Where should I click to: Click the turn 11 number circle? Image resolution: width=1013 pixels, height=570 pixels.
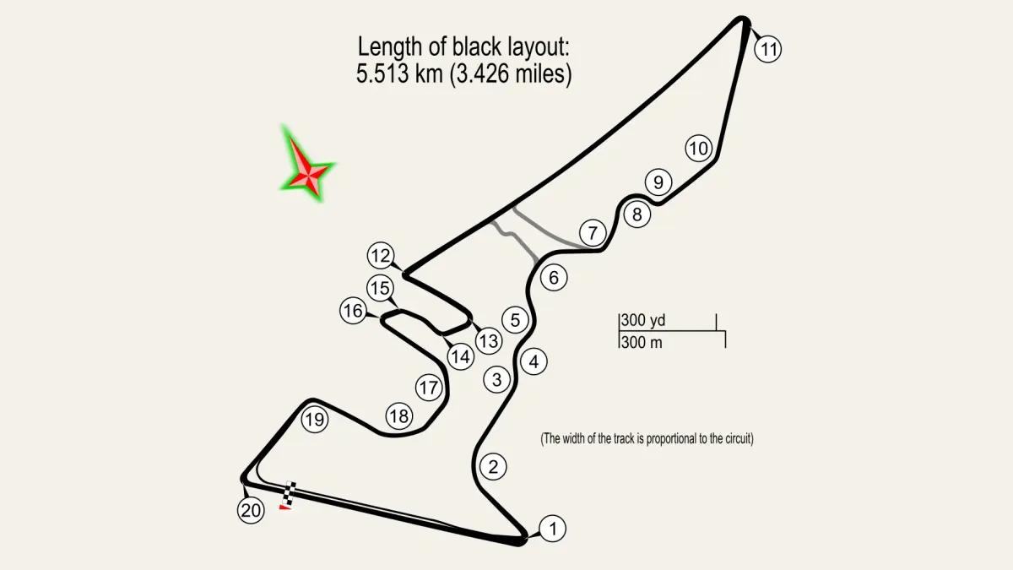(768, 49)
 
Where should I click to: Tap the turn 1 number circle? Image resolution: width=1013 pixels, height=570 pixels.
(552, 528)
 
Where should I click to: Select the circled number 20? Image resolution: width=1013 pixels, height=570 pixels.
(251, 510)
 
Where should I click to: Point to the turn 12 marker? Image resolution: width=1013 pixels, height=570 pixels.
(381, 256)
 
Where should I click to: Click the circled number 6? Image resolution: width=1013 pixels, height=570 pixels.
(554, 277)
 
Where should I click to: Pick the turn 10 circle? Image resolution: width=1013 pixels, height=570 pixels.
(699, 148)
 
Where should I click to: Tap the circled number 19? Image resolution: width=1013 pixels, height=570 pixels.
(315, 420)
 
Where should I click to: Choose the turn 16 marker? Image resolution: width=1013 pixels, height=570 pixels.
(353, 311)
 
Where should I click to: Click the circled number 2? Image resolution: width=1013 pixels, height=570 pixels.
(493, 466)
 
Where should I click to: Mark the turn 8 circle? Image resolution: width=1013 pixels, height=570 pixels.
(637, 214)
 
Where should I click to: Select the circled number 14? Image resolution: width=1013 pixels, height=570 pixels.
(460, 356)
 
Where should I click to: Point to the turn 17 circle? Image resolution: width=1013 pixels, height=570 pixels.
(428, 388)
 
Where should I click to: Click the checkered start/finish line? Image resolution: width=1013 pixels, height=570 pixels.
(290, 493)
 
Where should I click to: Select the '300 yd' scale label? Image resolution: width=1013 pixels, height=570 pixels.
(642, 320)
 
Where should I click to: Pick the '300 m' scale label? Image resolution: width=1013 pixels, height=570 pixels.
(642, 343)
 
